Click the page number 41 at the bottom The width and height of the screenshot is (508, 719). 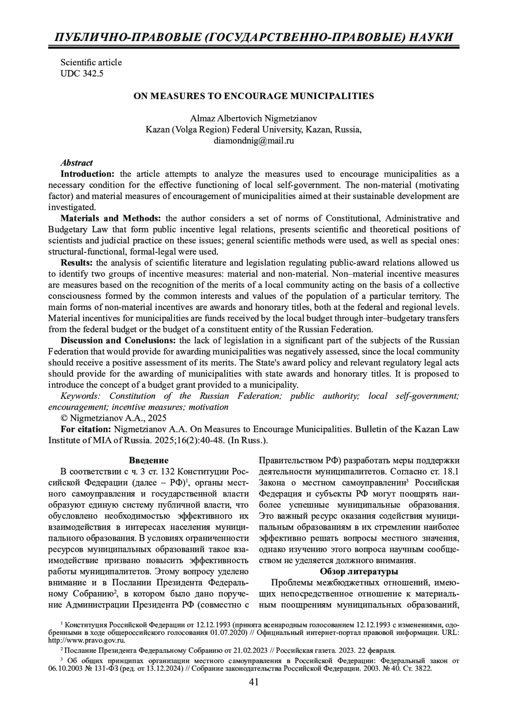(254, 682)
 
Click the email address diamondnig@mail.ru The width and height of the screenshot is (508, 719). (254, 141)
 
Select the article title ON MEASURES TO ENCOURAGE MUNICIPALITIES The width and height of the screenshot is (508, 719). (254, 96)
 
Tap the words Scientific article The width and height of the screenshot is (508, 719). (91, 62)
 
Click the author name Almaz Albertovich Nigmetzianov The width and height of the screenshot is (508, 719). (254, 118)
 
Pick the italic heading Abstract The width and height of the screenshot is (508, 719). (77, 163)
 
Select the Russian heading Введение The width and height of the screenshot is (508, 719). (149, 460)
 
